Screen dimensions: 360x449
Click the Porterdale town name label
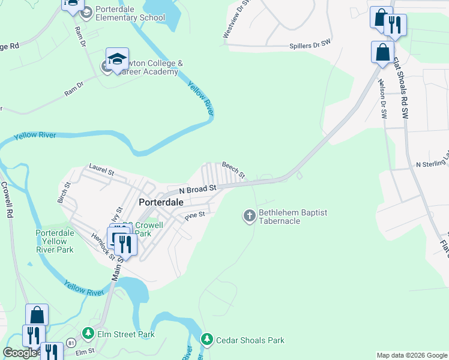click(x=161, y=202)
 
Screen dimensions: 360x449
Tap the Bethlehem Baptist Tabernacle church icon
click(x=250, y=215)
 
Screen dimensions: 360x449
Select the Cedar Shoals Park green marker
click(x=207, y=340)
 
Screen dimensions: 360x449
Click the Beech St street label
click(x=234, y=170)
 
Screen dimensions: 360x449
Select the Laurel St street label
click(x=101, y=169)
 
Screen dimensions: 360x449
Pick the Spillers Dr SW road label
click(x=310, y=46)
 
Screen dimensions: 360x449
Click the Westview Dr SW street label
click(x=234, y=20)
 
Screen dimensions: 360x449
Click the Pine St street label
click(x=195, y=215)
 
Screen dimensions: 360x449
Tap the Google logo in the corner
click(x=20, y=353)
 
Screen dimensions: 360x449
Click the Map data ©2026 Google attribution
click(x=411, y=355)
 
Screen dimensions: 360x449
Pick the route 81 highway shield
click(x=71, y=343)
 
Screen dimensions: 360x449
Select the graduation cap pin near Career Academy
click(x=117, y=59)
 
